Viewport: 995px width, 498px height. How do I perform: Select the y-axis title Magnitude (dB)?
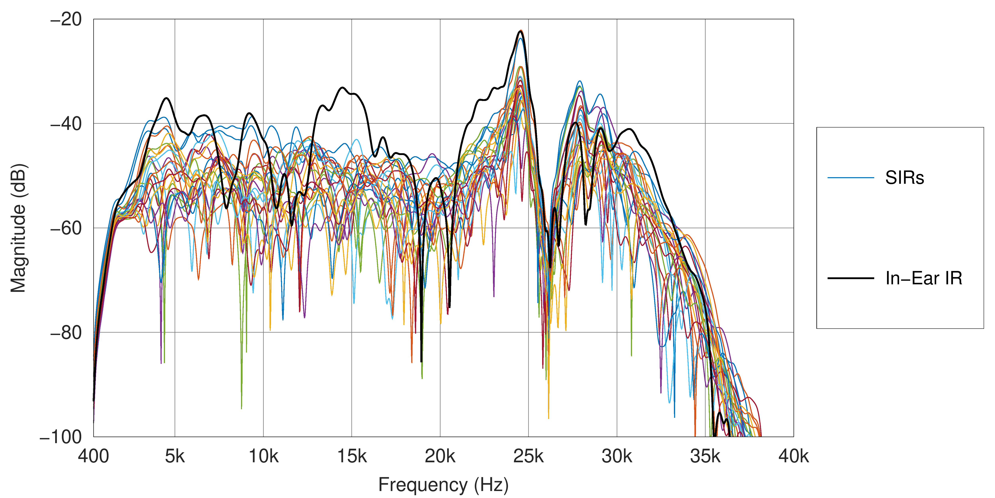pos(18,228)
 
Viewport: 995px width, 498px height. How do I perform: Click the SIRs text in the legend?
pos(905,178)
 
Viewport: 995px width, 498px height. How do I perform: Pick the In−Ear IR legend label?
pos(923,278)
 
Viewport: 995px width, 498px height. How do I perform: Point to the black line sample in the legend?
pos(850,278)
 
